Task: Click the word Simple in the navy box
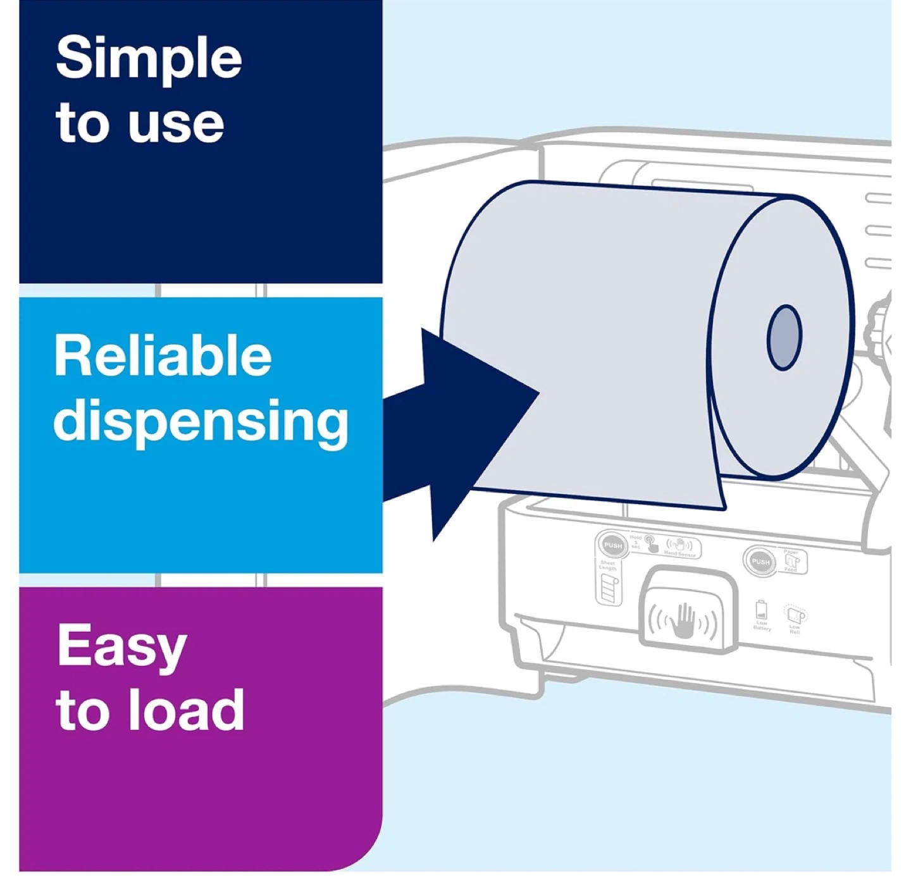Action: coord(149,59)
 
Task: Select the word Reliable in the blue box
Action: coord(163,355)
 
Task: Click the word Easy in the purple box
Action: coord(121,646)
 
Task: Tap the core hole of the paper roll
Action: coord(784,338)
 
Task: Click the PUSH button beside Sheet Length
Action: coord(612,545)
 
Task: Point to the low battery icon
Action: coord(761,610)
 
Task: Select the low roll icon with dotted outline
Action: coord(795,614)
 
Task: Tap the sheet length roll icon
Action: coord(609,589)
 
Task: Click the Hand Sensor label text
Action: coord(679,555)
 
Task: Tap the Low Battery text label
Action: coord(762,626)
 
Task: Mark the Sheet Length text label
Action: coord(607,565)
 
